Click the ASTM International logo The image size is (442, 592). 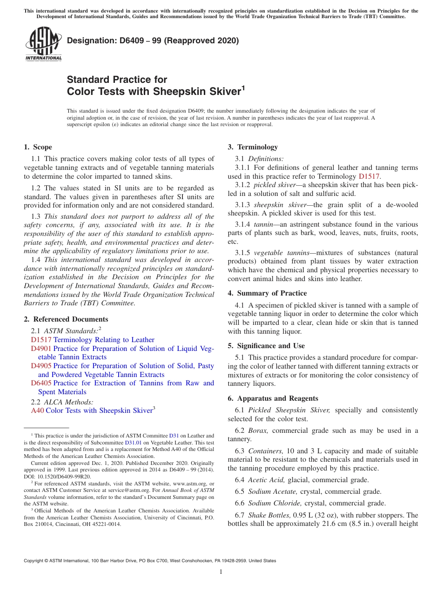click(43, 43)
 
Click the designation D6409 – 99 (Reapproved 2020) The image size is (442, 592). click(153, 40)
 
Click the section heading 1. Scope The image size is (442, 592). click(38, 147)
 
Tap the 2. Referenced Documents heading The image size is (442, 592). click(66, 319)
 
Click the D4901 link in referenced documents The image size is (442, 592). click(41, 349)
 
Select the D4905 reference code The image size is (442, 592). click(41, 366)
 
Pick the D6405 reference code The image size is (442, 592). click(41, 383)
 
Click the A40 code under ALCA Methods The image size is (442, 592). click(37, 410)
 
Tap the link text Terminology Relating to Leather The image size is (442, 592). click(104, 340)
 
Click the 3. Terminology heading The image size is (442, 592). click(253, 147)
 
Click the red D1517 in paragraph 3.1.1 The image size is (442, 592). click(369, 176)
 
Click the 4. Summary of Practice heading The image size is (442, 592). click(267, 293)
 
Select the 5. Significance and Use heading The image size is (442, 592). click(266, 346)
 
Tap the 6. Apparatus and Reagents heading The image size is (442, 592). click(273, 398)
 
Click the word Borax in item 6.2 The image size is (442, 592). click(258, 431)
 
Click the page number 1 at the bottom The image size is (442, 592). click(221, 572)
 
